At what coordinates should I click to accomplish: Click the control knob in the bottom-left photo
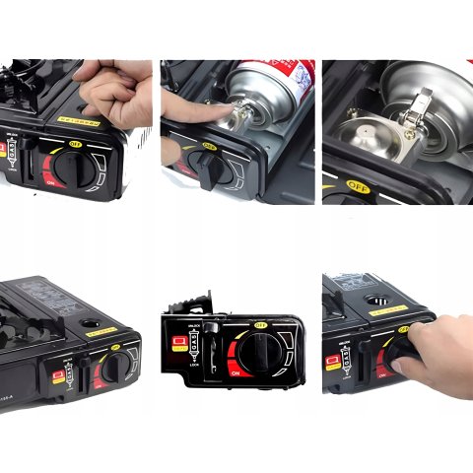pyautogui.click(x=114, y=368)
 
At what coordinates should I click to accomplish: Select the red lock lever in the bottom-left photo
pyautogui.click(x=59, y=375)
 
